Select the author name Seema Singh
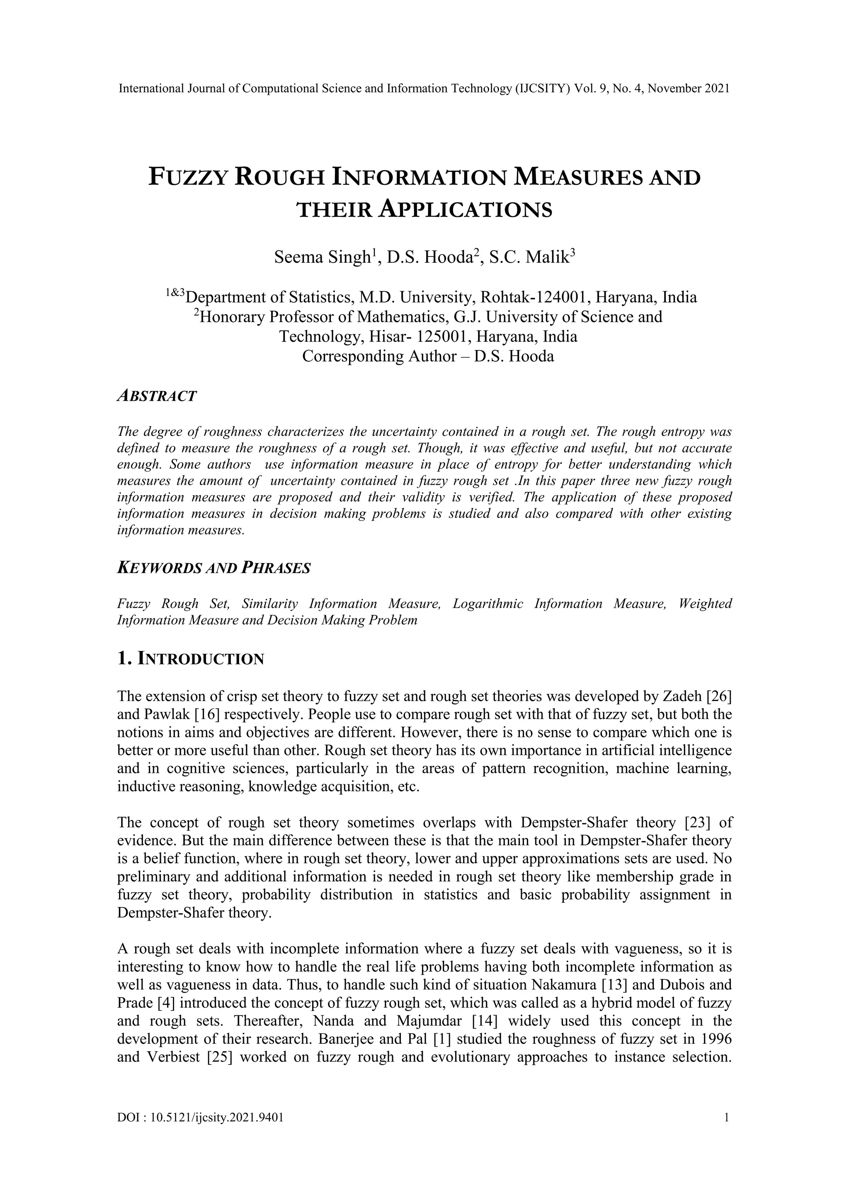click(x=322, y=257)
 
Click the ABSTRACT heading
click(x=157, y=396)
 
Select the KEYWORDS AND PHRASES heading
click(x=214, y=568)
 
